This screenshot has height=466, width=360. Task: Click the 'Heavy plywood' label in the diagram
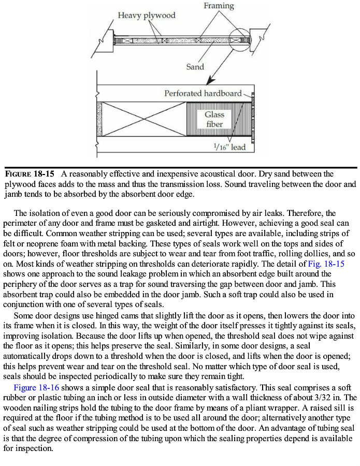(x=146, y=15)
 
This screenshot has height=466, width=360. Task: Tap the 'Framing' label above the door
(x=218, y=6)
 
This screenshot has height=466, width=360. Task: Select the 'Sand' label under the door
(x=195, y=66)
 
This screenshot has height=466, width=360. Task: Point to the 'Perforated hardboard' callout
(x=203, y=93)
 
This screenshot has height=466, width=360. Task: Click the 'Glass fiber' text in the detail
(x=214, y=119)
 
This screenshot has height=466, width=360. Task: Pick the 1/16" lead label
(x=229, y=147)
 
